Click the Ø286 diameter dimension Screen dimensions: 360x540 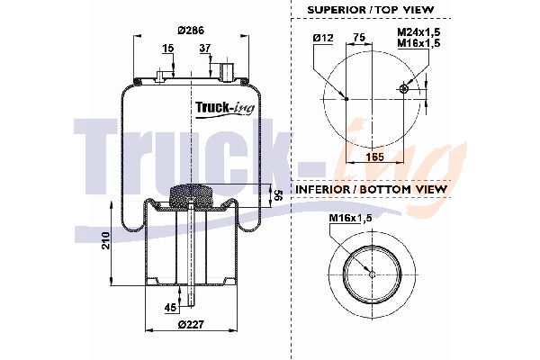pos(189,30)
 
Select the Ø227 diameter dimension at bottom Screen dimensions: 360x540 pos(190,325)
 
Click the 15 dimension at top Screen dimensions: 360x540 pos(169,48)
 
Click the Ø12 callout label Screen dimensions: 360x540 pos(324,38)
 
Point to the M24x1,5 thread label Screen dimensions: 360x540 pos(418,31)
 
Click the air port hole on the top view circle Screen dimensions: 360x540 pos(404,88)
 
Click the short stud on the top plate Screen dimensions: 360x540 pos(162,74)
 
